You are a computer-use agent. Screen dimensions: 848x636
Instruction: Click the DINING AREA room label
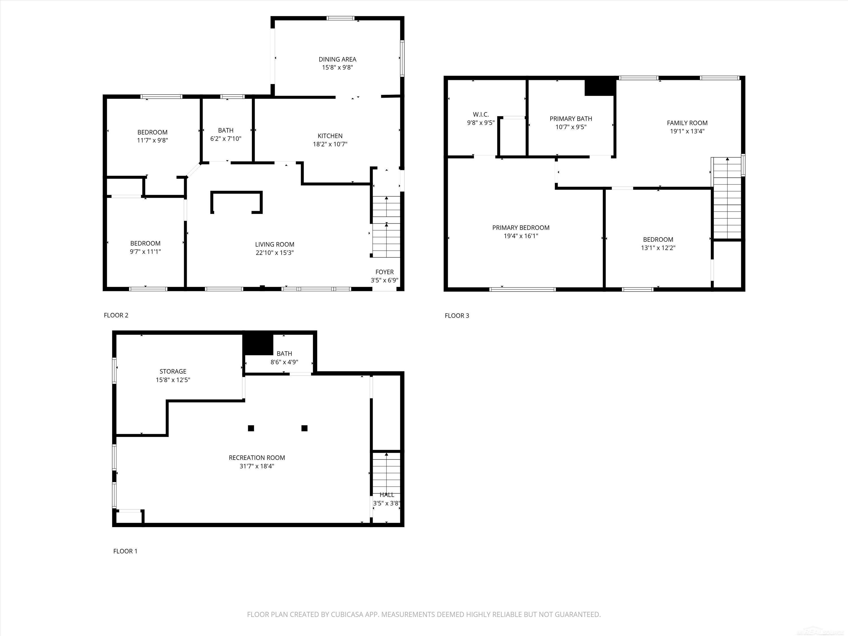(x=337, y=59)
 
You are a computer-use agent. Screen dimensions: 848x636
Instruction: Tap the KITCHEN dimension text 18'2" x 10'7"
(x=330, y=144)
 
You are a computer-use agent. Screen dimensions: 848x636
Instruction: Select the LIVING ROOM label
(x=275, y=244)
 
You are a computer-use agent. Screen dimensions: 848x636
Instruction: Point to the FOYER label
(x=384, y=272)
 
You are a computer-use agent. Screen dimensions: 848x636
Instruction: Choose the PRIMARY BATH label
(x=571, y=118)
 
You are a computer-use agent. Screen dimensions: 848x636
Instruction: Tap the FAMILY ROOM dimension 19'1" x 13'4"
(x=687, y=131)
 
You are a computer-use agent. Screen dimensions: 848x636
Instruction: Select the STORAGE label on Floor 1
(x=173, y=371)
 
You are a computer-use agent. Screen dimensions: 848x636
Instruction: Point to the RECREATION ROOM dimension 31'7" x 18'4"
(x=257, y=466)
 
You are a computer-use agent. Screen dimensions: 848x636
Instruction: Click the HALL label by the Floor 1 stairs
(x=387, y=495)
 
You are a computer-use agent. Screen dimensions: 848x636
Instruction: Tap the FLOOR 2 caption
(x=116, y=315)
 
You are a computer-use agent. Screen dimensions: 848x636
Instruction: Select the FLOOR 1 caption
(x=125, y=551)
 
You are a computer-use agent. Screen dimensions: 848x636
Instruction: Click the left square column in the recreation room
(x=251, y=428)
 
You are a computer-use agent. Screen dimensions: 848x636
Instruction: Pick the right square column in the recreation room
(x=304, y=428)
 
